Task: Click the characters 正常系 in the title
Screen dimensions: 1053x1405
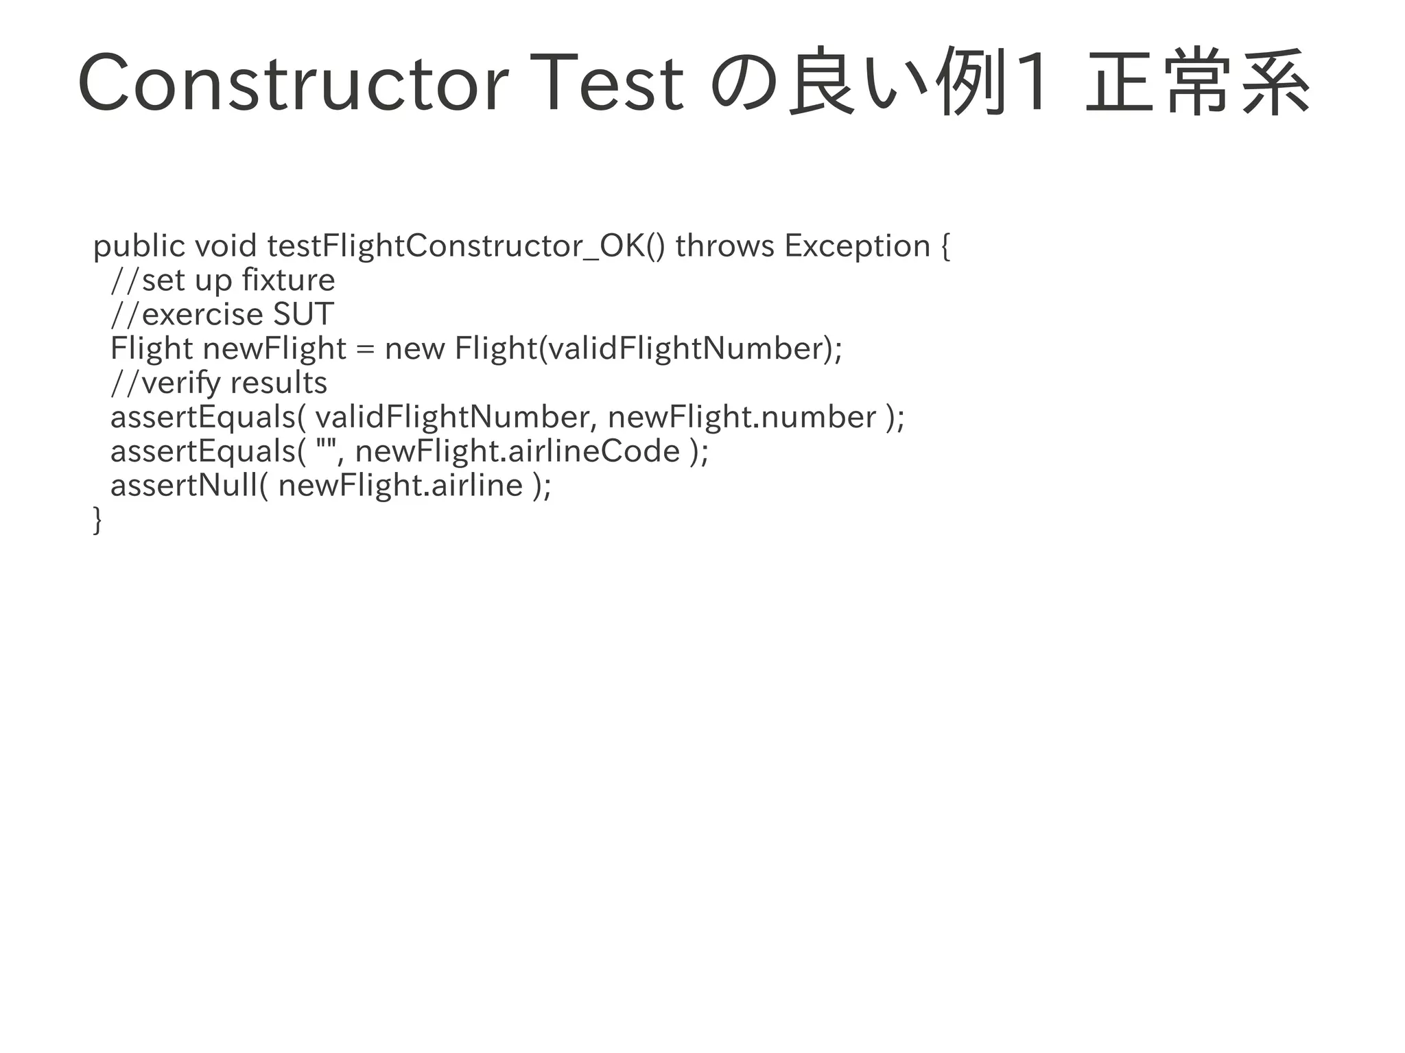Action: click(x=1198, y=82)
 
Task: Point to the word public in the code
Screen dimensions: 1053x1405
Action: click(x=139, y=246)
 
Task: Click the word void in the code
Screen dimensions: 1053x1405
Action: click(x=226, y=246)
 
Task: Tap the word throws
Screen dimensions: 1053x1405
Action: click(x=724, y=246)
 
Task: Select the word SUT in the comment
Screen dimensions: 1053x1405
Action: click(x=304, y=314)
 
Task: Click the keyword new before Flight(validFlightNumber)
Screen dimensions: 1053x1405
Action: click(x=415, y=349)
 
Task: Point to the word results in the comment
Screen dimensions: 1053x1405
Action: click(x=279, y=383)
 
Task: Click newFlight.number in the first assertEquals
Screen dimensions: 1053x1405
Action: click(x=742, y=417)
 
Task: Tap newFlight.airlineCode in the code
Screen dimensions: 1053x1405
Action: click(x=518, y=451)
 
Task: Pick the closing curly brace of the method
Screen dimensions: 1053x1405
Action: click(x=97, y=520)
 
